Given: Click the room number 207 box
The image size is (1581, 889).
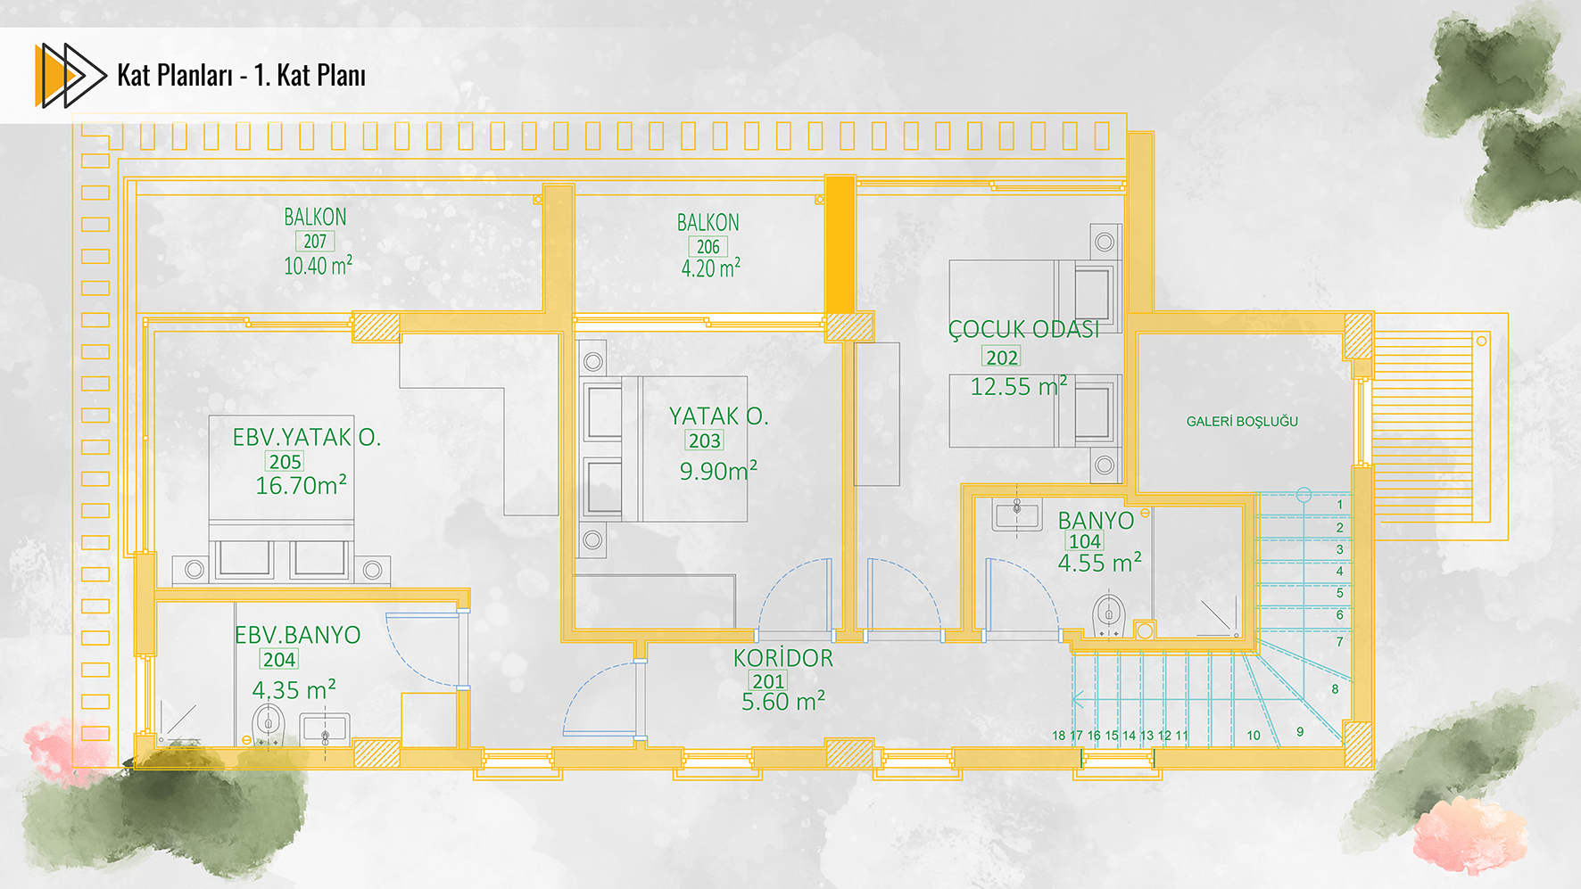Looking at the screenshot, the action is (x=315, y=241).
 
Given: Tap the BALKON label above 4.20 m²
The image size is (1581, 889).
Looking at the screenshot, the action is (x=708, y=222).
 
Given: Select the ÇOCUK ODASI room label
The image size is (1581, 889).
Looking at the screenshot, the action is (x=1023, y=329).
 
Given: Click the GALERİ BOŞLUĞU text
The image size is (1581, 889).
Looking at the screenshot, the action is (x=1242, y=421).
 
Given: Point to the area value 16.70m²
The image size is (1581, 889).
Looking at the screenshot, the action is (x=301, y=485).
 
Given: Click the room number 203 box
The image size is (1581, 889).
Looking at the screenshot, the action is (x=704, y=440).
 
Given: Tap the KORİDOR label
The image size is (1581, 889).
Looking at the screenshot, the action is (x=783, y=658).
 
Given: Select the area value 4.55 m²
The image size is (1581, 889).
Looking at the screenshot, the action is (x=1099, y=563).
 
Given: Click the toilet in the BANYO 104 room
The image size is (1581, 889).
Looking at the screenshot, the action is (x=1109, y=614).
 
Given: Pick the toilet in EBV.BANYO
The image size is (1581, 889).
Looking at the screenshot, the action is (x=267, y=723).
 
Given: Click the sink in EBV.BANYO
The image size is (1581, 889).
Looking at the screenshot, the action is (x=325, y=729).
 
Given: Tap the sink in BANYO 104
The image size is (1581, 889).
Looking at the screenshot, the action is (x=1017, y=514).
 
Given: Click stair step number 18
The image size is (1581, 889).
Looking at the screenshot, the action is (x=1059, y=736).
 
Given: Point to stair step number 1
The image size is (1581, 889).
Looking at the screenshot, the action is (x=1339, y=505).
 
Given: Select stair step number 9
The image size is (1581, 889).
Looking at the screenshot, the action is (x=1300, y=731).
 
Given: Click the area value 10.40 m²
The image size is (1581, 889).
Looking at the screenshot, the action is (x=318, y=266).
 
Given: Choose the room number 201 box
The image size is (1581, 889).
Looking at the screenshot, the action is (x=768, y=681).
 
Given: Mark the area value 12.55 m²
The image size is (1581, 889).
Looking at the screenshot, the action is (x=1019, y=386).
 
